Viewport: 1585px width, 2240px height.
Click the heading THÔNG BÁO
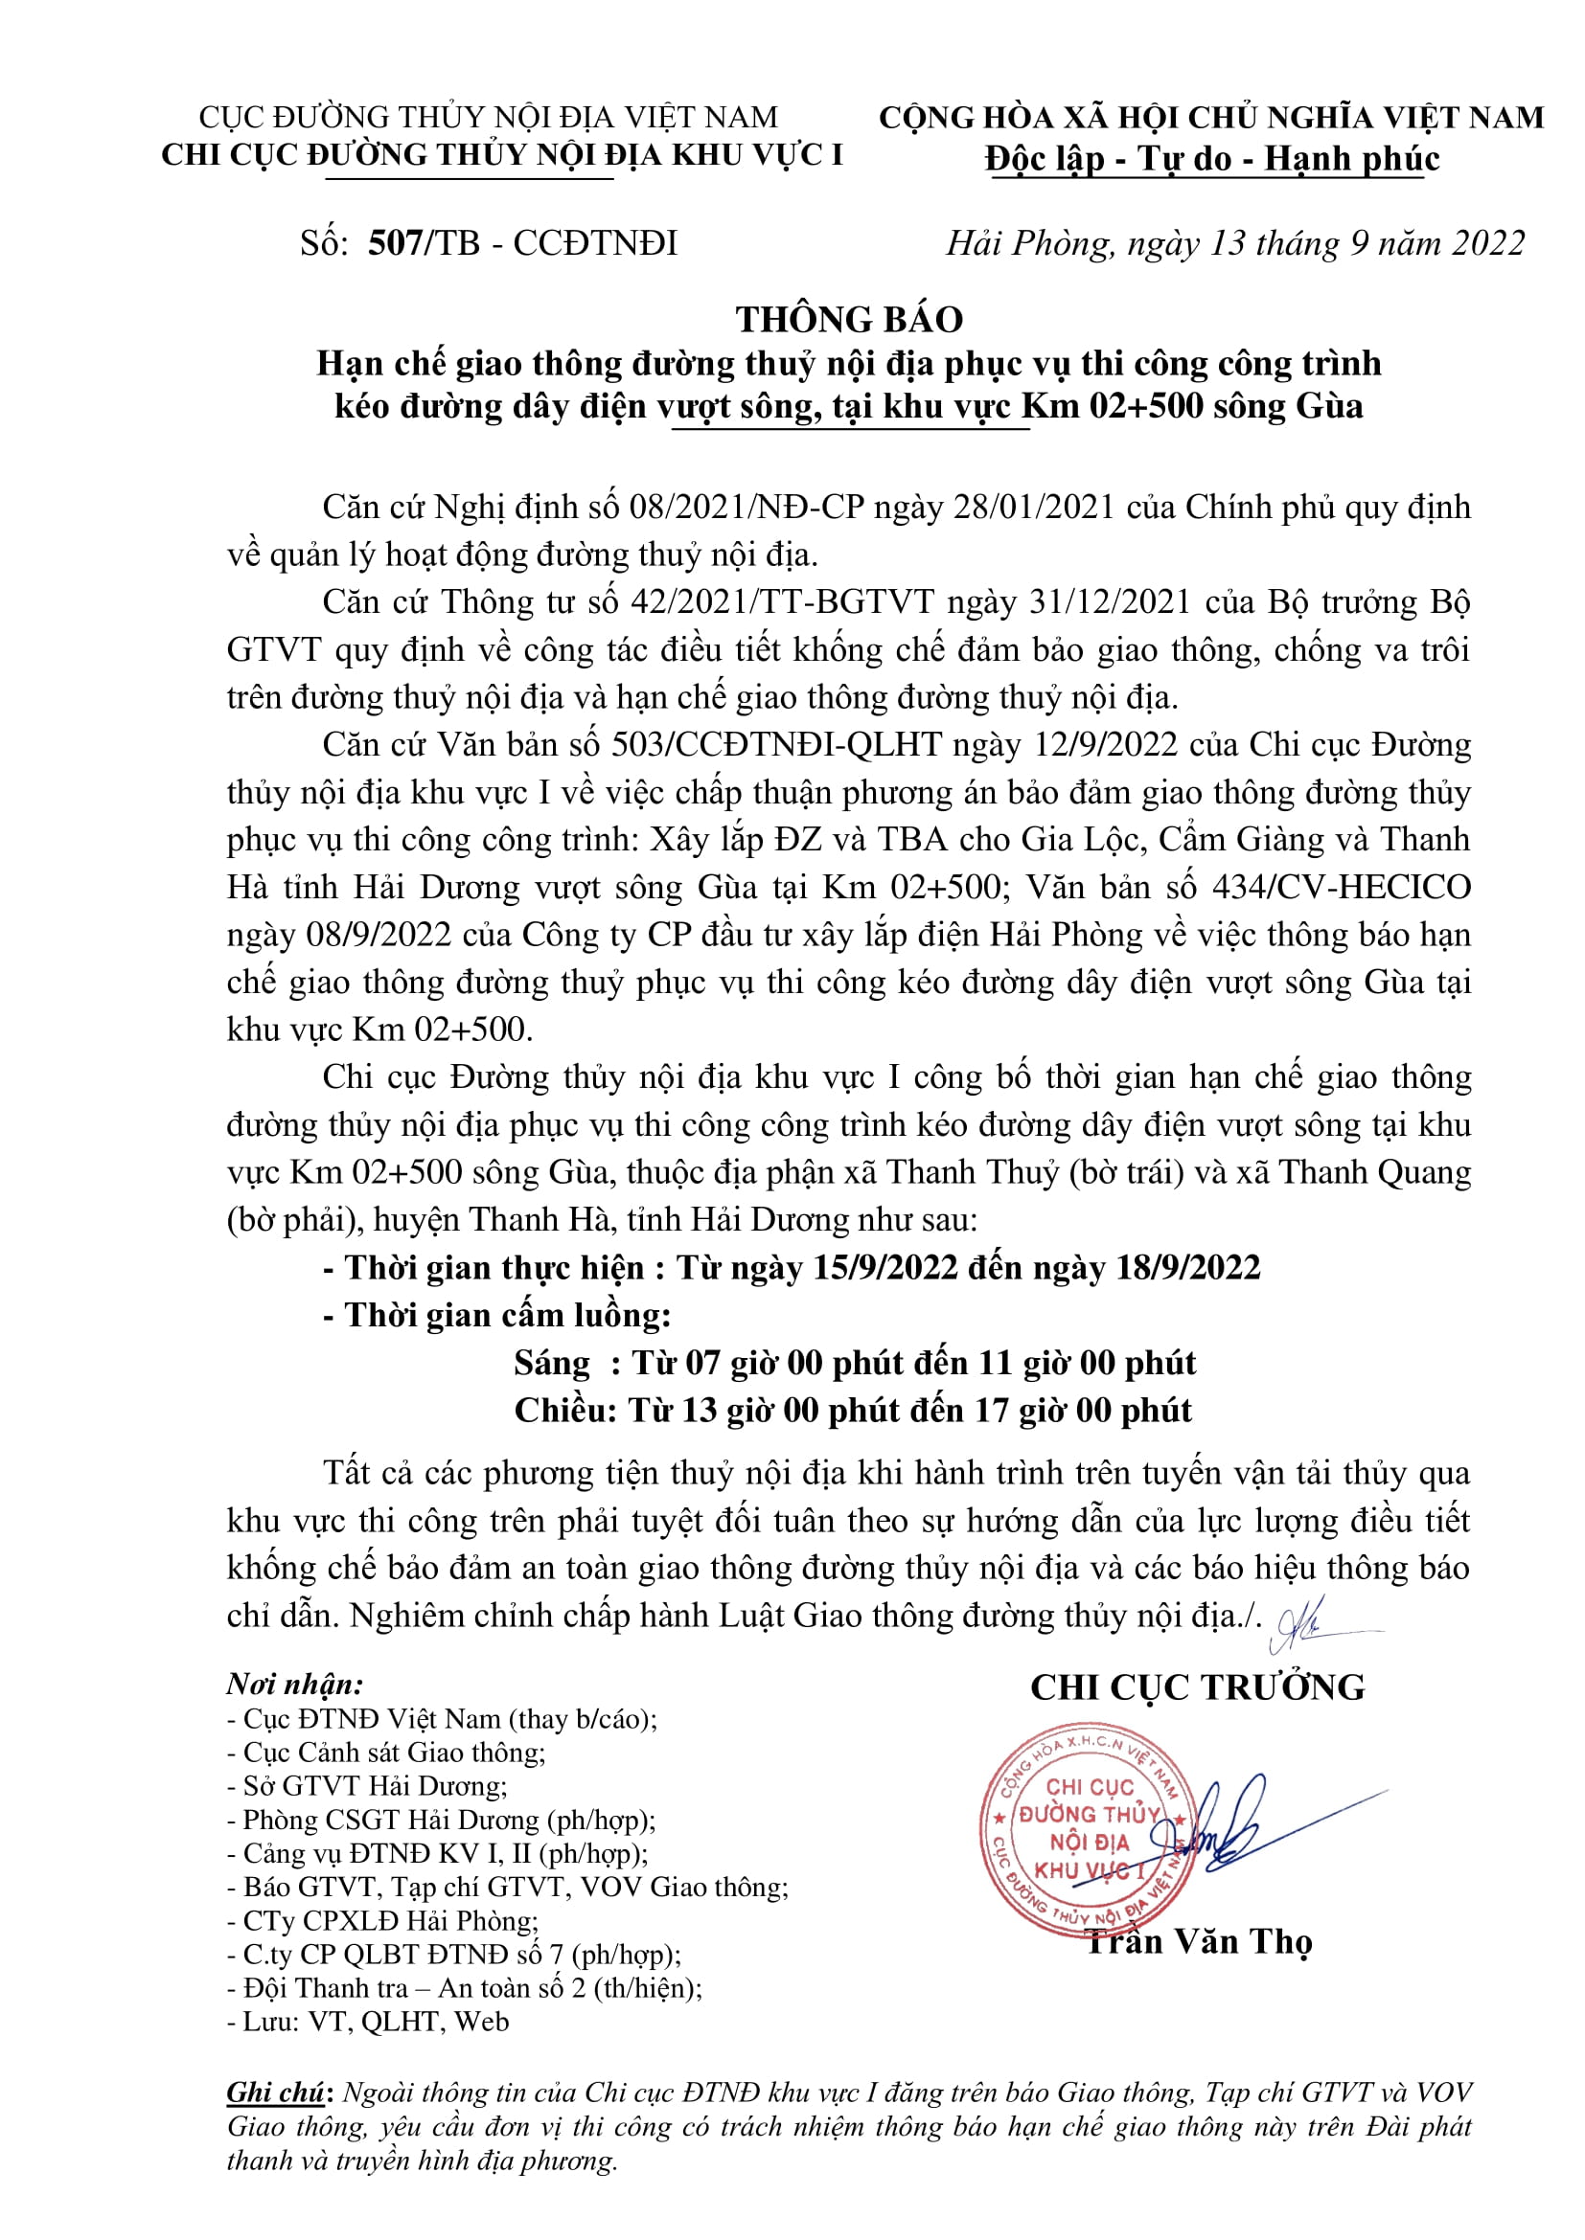pos(849,320)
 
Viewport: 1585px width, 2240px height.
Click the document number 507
pos(395,243)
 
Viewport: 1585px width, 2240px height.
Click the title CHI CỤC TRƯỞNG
pos(1198,1686)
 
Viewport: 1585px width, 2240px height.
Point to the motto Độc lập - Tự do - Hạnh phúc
pos(1212,158)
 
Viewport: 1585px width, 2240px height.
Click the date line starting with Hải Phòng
pos(1235,243)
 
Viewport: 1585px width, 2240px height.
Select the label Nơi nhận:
pos(295,1684)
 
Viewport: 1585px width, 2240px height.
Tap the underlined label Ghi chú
pos(275,2092)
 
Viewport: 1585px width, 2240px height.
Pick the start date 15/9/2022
pos(884,1267)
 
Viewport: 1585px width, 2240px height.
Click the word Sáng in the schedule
pos(551,1363)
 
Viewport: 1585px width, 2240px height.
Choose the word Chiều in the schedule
pos(563,1411)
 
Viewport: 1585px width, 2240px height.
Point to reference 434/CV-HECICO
pos(1341,887)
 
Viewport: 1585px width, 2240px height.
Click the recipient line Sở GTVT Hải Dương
pos(368,1785)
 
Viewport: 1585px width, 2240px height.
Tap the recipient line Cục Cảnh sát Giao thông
pos(387,1753)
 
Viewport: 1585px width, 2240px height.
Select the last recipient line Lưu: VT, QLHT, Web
pos(368,2022)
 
